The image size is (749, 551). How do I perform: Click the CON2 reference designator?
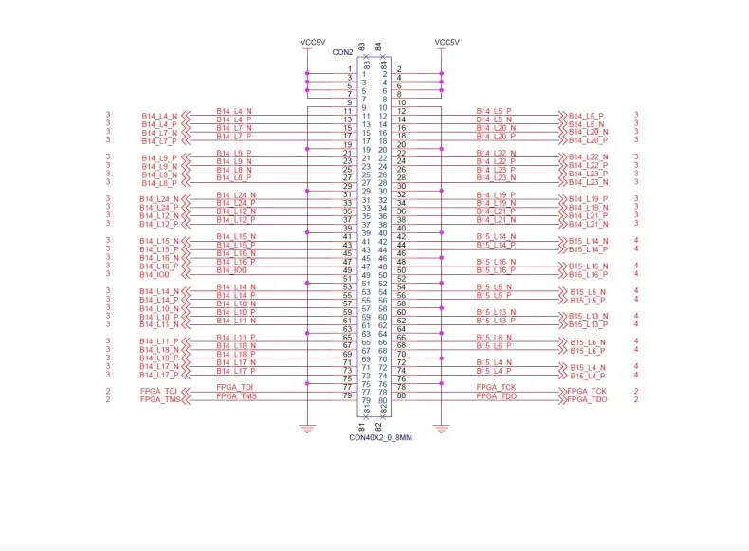(x=342, y=52)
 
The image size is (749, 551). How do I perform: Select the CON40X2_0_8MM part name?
(x=374, y=437)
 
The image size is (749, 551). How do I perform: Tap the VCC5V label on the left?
(x=313, y=42)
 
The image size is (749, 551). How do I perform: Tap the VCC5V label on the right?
(x=446, y=42)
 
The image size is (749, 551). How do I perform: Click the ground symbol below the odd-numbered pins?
(x=306, y=429)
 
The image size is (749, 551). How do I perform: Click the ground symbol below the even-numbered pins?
(x=442, y=429)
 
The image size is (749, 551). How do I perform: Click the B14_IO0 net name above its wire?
(x=231, y=269)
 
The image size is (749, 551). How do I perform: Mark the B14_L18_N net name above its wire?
(x=235, y=345)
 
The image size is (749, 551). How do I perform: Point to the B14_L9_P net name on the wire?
(x=235, y=152)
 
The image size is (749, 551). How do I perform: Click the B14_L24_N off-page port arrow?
(x=186, y=199)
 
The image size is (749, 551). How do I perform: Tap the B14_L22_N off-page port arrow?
(x=563, y=157)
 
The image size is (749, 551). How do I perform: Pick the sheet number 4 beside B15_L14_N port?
(x=636, y=241)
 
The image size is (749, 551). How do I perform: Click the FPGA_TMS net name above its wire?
(x=235, y=395)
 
